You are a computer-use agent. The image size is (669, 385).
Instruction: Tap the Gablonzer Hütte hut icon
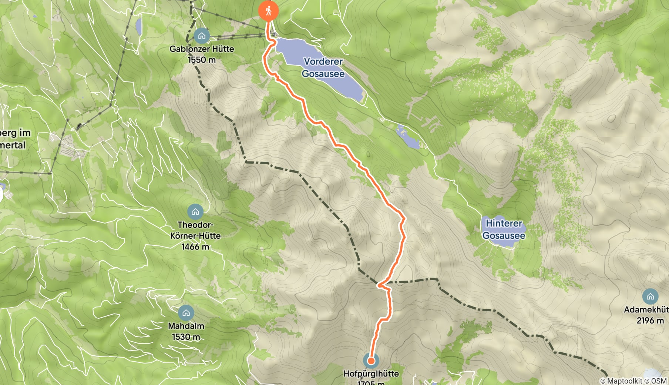[202, 36]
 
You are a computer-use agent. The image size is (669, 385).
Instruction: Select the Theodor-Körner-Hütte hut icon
[195, 212]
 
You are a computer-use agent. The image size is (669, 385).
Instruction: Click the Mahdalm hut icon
[186, 313]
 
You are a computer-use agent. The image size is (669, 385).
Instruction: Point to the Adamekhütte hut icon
[650, 297]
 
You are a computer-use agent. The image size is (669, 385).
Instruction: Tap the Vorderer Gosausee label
[323, 67]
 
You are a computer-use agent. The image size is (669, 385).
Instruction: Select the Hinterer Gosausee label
[504, 229]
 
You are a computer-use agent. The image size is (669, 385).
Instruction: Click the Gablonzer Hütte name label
[202, 49]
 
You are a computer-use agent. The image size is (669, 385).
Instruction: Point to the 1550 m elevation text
[202, 60]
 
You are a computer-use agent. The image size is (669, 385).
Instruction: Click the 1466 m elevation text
[195, 247]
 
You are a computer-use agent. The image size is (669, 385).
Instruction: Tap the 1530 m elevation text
[186, 337]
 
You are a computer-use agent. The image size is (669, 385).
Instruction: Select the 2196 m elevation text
[650, 321]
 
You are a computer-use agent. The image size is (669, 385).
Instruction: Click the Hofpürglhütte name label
[371, 374]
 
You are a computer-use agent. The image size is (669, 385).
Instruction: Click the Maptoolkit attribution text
[625, 381]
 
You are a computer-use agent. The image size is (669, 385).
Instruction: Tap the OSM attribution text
[659, 381]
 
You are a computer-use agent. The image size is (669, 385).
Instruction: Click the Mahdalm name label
[186, 326]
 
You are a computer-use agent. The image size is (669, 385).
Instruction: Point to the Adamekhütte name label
[646, 309]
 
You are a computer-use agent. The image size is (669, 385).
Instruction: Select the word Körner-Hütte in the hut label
[195, 236]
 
